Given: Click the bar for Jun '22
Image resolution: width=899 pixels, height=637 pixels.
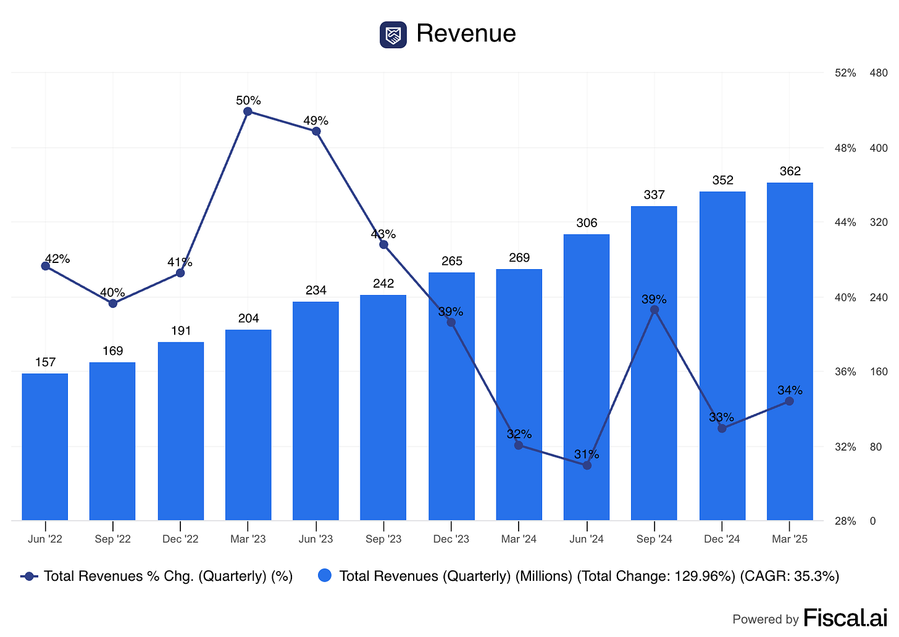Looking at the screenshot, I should point(45,447).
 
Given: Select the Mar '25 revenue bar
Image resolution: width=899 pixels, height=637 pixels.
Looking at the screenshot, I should point(790,351).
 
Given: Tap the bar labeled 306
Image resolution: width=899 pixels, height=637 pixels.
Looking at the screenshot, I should point(587,377).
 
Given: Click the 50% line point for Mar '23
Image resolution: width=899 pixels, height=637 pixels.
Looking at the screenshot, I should point(248,112).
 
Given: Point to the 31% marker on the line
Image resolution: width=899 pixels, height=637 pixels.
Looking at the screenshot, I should point(587,465).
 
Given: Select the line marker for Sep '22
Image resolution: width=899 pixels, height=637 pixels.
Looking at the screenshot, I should point(113,303).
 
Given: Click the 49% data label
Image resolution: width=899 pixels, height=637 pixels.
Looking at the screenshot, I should point(316,120).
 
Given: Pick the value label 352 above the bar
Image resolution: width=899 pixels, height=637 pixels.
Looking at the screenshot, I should point(722,180).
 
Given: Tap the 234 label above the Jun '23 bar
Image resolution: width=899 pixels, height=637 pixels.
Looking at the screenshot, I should point(316,290).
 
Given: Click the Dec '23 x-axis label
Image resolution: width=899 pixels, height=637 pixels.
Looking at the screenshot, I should point(451,539).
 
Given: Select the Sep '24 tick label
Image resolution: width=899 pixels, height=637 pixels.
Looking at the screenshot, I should point(654,539).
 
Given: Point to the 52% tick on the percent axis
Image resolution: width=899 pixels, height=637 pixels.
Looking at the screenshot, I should point(845,73).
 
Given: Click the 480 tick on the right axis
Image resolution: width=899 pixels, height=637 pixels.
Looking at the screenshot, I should point(878,73).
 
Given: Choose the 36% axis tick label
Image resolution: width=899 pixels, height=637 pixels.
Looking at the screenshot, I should point(845,372).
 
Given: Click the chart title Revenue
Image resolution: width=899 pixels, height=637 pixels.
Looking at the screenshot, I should point(466,33).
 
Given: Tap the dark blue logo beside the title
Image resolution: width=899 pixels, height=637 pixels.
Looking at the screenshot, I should point(393,35).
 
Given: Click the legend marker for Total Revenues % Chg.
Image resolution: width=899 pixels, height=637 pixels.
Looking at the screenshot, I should point(29,576).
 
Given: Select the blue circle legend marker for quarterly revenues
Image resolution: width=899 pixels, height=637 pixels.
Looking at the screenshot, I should point(325,576).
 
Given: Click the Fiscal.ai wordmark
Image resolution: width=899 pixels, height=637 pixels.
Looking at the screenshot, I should point(845,618).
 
